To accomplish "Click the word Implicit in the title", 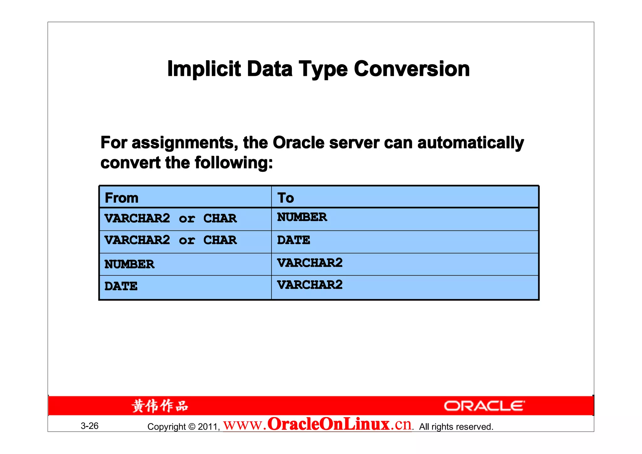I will tap(204, 69).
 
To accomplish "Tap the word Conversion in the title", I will tap(412, 69).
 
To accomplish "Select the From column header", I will tap(122, 198).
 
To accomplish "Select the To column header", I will tap(286, 198).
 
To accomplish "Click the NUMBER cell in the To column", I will tap(302, 217).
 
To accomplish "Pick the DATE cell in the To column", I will tap(293, 240).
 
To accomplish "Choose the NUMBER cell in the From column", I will tap(129, 264).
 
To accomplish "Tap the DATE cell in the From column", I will tap(121, 286).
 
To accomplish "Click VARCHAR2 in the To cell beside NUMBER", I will tap(310, 263).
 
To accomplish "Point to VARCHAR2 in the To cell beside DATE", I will tap(310, 285).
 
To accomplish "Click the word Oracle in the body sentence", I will tap(298, 143).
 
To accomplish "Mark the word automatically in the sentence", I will tap(471, 143).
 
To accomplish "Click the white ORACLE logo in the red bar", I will tap(484, 406).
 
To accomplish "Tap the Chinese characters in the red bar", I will tap(160, 406).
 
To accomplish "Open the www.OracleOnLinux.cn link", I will tap(317, 425).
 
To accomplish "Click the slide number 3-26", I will tap(90, 426).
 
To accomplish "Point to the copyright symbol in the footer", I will tap(192, 427).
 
